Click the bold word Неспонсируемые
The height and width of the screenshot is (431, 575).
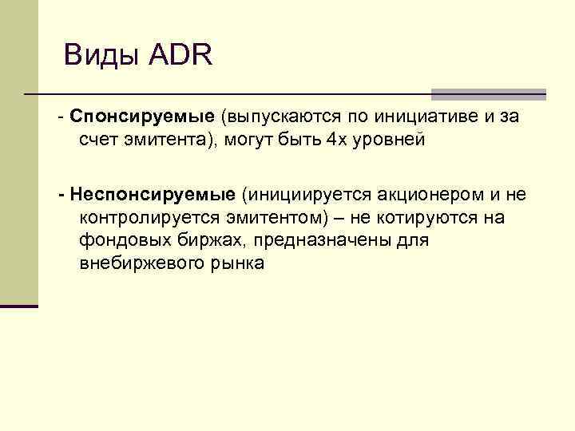click(153, 194)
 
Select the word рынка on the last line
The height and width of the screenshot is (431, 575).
click(235, 263)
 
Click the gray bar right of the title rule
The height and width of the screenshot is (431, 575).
click(488, 93)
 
